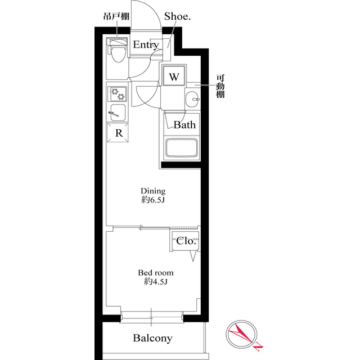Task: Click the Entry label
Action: pos(146,46)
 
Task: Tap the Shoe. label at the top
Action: pos(177,17)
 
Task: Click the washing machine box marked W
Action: pos(174,76)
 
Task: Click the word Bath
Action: pos(184,124)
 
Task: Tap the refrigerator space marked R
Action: pos(119,133)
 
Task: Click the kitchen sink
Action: pos(118,110)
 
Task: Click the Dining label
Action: pos(153,191)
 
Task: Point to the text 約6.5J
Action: pos(153,200)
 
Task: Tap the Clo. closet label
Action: pos(186,241)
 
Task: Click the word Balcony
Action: pos(152,339)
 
